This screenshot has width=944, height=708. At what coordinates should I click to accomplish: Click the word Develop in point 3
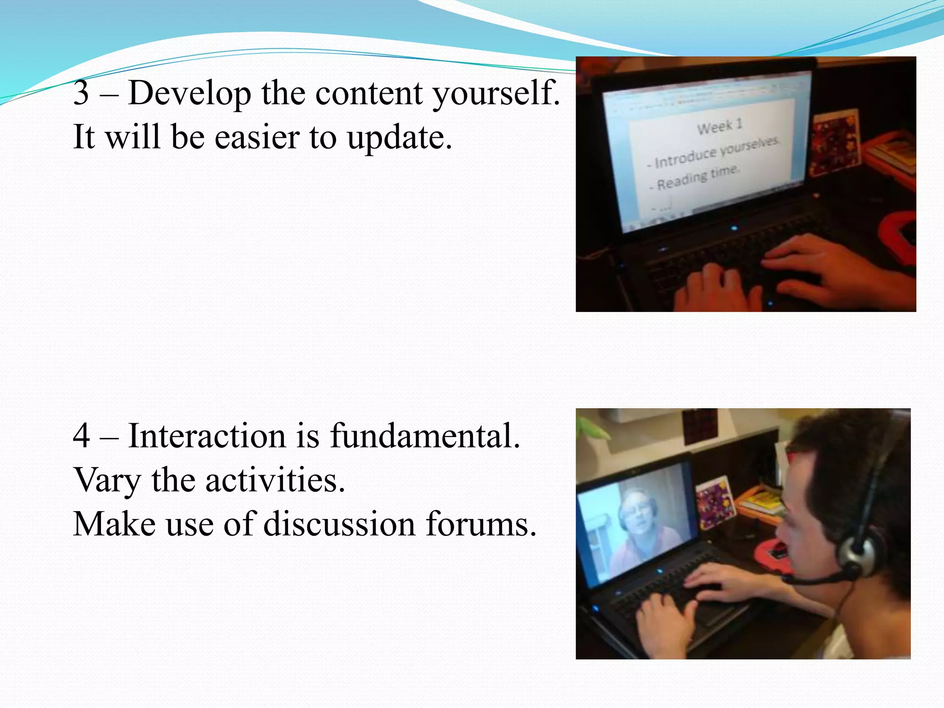(x=189, y=94)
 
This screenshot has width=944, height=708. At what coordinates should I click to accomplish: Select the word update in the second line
(x=399, y=137)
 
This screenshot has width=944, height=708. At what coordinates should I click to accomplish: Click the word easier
(x=257, y=137)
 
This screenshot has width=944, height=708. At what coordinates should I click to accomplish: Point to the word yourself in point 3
(x=496, y=94)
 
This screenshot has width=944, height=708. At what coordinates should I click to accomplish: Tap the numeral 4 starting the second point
(x=81, y=436)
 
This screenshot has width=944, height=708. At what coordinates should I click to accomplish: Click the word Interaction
(x=206, y=436)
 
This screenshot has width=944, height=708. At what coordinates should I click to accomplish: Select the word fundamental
(x=425, y=436)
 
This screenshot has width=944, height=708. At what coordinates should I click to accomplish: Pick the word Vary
(x=106, y=480)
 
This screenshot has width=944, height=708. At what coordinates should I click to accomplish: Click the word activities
(x=275, y=480)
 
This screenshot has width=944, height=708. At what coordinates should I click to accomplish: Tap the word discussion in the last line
(x=339, y=525)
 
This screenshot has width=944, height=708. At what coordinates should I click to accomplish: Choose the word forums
(x=481, y=525)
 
